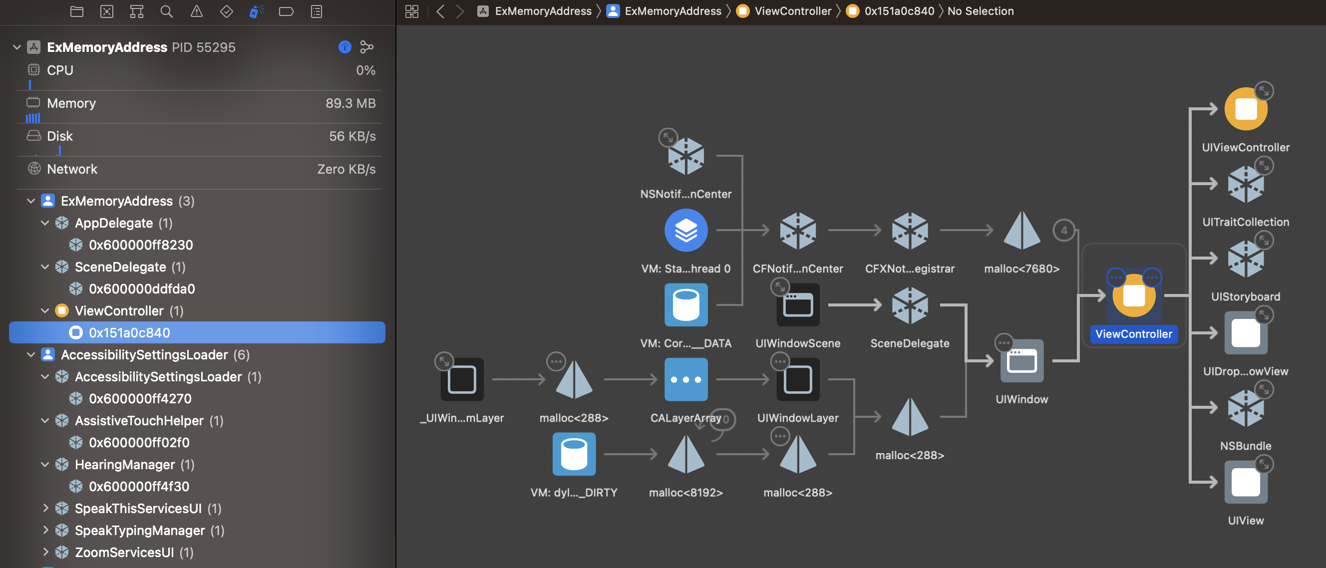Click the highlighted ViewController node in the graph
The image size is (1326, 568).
point(1133,297)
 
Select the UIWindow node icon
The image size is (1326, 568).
point(1021,361)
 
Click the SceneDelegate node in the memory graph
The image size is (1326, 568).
point(910,305)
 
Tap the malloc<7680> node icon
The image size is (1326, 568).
point(1021,231)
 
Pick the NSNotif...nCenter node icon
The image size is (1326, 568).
point(685,156)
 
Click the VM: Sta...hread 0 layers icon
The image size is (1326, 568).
point(685,231)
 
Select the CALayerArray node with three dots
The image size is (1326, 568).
point(685,380)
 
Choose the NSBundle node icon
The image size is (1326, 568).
point(1245,408)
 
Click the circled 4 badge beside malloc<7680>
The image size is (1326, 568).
point(1063,230)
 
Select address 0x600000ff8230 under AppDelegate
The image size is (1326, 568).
point(140,245)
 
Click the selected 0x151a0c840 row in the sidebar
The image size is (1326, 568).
point(129,333)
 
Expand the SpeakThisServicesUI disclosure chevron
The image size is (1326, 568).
point(45,508)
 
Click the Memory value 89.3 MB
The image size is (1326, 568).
point(350,103)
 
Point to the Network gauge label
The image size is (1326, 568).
point(71,169)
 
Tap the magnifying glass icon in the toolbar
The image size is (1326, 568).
point(166,11)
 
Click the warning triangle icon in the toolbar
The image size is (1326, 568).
point(197,11)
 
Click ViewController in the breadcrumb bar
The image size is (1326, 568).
point(792,11)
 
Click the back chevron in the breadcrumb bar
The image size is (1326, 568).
point(440,11)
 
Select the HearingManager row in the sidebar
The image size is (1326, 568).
point(125,465)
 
